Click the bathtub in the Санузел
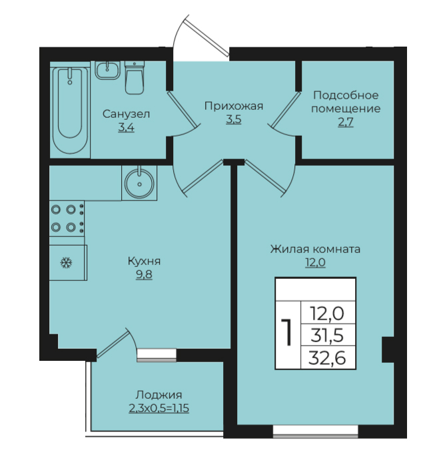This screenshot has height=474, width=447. [71, 111]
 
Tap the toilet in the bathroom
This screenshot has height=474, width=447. [135, 77]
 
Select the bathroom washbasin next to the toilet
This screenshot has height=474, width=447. [107, 70]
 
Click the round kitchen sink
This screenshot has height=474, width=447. [139, 182]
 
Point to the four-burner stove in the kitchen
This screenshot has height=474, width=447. [67, 218]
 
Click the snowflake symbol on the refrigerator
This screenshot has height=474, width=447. [66, 263]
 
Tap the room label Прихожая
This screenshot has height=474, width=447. [234, 106]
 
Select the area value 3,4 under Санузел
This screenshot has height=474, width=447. [126, 128]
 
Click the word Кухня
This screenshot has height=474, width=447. [145, 261]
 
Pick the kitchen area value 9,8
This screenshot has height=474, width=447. [144, 274]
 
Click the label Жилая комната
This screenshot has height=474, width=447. [316, 249]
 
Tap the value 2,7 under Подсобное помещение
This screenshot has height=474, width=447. [346, 122]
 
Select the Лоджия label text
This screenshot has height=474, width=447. [159, 395]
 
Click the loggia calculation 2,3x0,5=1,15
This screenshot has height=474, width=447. [159, 408]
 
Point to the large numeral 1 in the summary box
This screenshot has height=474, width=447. [286, 332]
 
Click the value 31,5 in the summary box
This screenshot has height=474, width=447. [327, 336]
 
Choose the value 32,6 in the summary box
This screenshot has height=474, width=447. [327, 358]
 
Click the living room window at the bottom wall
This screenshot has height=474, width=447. [316, 431]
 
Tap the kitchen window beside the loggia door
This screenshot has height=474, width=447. [157, 355]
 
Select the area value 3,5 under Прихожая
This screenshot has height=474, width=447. [234, 119]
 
